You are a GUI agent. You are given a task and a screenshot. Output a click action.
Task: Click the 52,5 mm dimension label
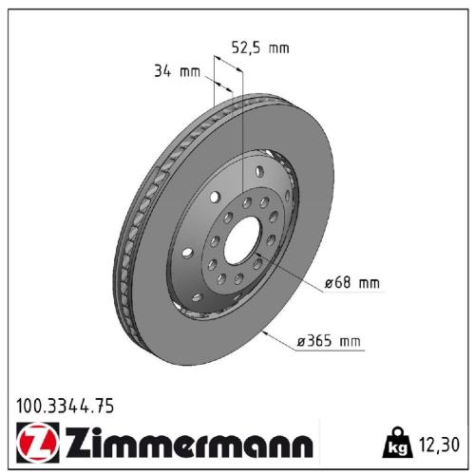260,47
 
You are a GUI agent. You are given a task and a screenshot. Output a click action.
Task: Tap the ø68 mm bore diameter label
351,282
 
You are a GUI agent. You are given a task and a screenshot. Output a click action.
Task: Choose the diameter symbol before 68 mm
329,282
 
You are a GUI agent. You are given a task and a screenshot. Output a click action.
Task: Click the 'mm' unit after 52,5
278,47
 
